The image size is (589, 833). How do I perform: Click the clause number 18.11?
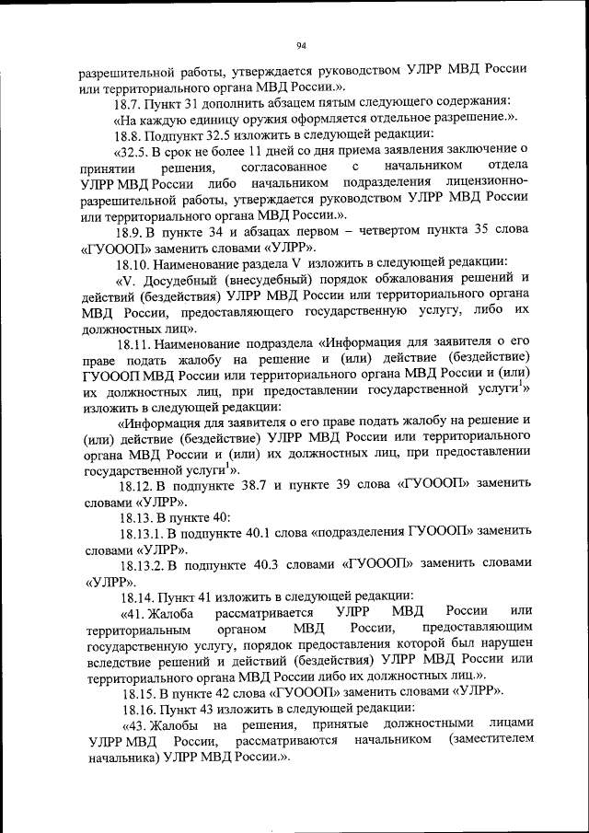(x=132, y=343)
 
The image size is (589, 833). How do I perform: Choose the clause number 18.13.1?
(x=140, y=532)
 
